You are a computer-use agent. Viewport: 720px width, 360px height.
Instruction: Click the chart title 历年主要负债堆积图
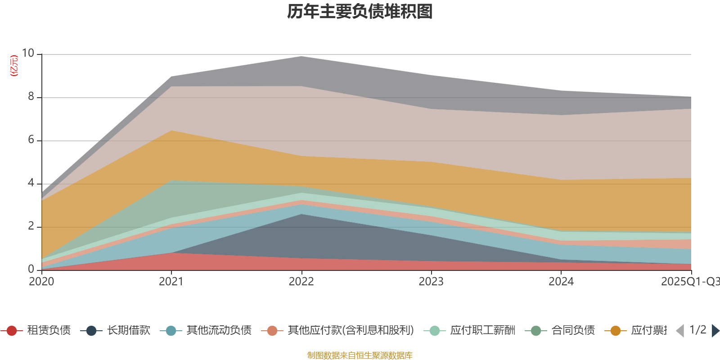coord(360,12)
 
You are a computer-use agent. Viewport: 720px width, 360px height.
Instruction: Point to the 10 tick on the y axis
coord(28,54)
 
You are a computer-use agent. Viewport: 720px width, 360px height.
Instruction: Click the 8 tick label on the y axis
coord(31,97)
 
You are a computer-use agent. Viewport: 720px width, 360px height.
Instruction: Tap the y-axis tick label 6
coord(31,140)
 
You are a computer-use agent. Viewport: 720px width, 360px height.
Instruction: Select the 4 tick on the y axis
coord(31,183)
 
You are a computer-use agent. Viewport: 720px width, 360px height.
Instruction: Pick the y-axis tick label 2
coord(31,226)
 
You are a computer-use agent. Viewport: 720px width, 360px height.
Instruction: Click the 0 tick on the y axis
coord(31,270)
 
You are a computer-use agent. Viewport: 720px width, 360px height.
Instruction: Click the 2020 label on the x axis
coord(41,282)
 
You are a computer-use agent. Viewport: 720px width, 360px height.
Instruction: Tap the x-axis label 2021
coord(171,282)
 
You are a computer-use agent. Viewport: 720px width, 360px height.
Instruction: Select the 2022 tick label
coord(301,282)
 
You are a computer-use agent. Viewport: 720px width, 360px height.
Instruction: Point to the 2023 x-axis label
coord(431,282)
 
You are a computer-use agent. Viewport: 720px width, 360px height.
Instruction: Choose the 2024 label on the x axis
coord(561,282)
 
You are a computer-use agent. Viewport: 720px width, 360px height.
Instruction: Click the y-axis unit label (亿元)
coord(14,66)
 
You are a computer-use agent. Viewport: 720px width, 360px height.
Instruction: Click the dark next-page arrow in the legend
coord(715,331)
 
